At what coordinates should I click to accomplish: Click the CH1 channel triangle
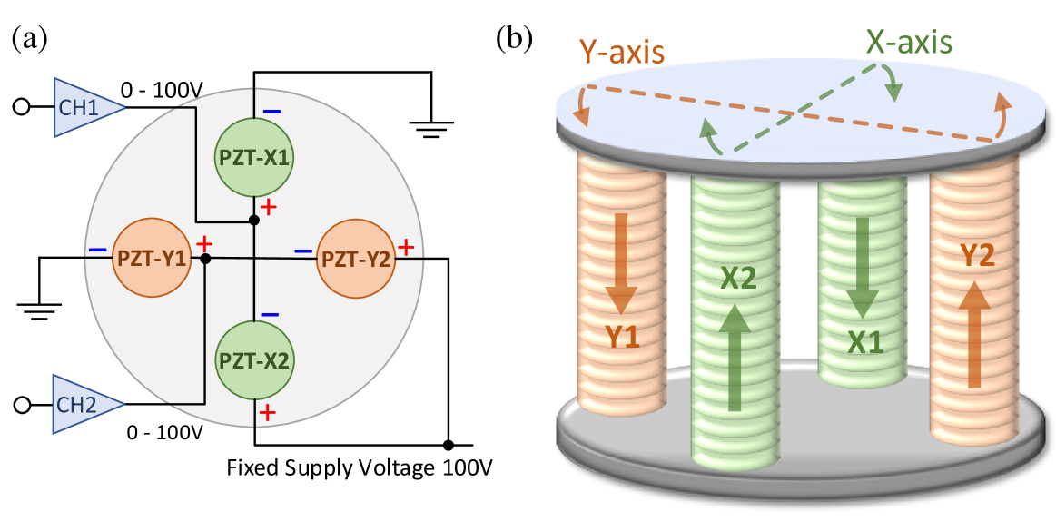[84, 108]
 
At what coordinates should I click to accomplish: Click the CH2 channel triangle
[84, 405]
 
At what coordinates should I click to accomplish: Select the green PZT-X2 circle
[254, 360]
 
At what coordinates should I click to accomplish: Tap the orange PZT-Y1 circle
[152, 259]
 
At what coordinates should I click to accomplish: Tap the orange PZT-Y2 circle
[356, 259]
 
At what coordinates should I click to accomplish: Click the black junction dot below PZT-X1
[254, 221]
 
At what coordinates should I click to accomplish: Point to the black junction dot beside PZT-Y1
[206, 259]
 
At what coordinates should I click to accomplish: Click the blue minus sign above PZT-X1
[271, 112]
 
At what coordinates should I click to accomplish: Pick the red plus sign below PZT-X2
[268, 413]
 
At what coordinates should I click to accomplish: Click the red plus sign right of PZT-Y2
[406, 247]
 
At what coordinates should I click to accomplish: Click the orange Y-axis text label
[622, 52]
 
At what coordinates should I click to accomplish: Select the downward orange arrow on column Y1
[622, 263]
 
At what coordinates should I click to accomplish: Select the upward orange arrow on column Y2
[975, 334]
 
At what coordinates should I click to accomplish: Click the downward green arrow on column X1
[862, 267]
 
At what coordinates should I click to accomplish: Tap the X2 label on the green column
[738, 279]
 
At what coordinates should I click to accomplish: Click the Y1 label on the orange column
[623, 338]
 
